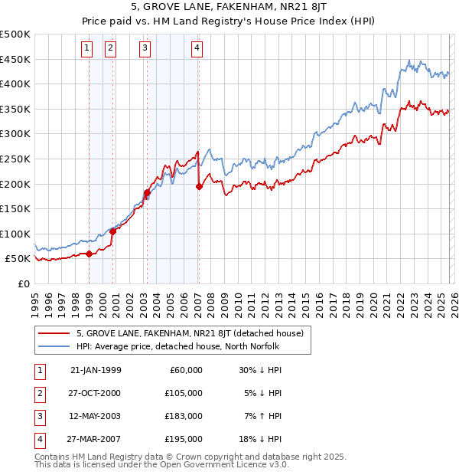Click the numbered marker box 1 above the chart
tap(86, 49)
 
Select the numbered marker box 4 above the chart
tap(197, 49)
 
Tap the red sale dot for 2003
tap(146, 192)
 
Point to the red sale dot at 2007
tap(199, 186)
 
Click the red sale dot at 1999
tap(89, 254)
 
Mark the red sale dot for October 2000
tap(112, 231)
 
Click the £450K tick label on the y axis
tap(15, 59)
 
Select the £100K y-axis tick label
tap(15, 234)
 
